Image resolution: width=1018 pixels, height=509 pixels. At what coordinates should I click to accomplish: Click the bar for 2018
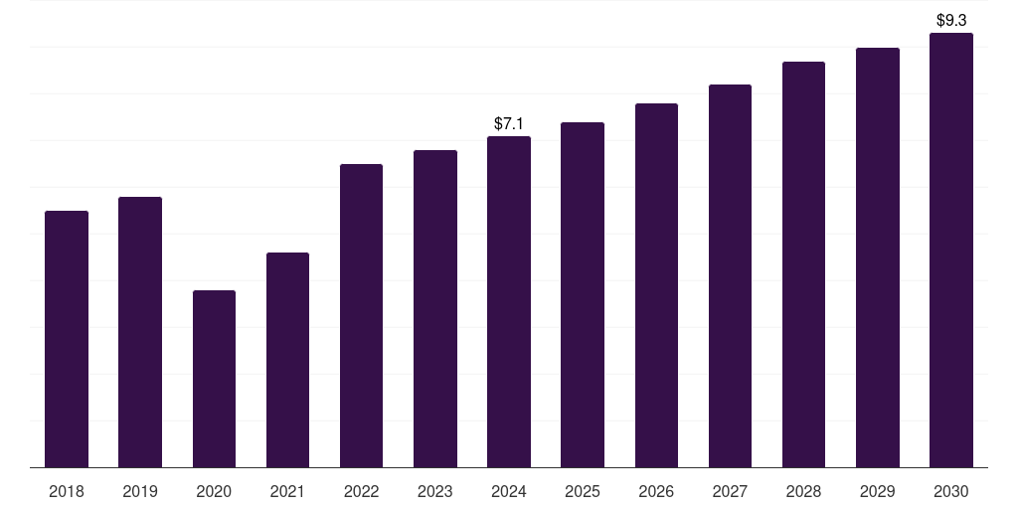pos(67,339)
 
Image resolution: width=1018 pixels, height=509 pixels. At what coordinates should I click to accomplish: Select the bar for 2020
pos(214,379)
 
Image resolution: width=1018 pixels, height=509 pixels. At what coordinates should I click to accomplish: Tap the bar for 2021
pos(287,360)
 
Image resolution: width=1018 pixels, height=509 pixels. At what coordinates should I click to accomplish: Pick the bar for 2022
pos(361,315)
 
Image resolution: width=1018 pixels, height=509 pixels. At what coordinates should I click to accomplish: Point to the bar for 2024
pos(509,301)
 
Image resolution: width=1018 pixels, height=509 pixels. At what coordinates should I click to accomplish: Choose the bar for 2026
pos(656,285)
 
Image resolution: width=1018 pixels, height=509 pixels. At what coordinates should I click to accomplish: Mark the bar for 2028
pos(803,264)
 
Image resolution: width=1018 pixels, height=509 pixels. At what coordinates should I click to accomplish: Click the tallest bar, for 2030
pos(951,250)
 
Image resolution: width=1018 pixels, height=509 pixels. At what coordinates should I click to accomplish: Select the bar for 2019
pos(140,332)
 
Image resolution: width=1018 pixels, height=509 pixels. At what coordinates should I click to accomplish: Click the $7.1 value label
pos(509,124)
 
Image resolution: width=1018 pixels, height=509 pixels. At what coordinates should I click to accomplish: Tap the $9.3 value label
pos(951,20)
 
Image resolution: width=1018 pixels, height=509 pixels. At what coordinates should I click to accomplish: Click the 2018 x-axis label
pos(67,491)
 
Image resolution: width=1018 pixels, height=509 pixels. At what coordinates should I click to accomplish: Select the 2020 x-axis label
pos(214,491)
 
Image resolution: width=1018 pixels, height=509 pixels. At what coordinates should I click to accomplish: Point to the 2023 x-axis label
pos(435,491)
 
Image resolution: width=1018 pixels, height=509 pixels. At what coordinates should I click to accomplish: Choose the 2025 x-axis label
pos(583,491)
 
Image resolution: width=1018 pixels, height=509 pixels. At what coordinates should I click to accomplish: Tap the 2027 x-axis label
pos(730,491)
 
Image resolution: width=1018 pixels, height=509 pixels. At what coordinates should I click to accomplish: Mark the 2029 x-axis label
pos(878,491)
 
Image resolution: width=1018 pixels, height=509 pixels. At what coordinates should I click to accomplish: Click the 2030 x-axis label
pos(951,491)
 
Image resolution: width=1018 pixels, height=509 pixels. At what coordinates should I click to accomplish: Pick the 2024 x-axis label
pos(509,491)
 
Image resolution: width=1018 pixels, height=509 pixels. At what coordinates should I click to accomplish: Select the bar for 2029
pos(878,257)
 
